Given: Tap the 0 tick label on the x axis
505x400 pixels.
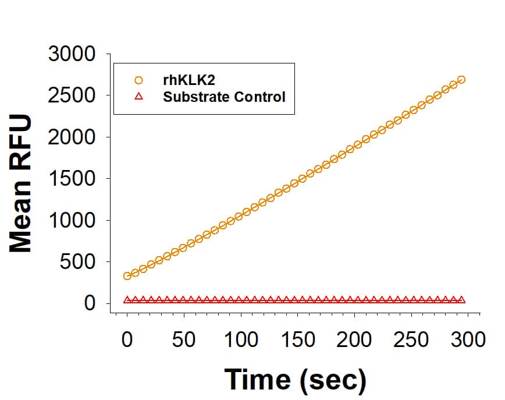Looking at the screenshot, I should [x=127, y=339].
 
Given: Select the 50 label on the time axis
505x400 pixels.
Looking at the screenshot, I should [x=184, y=339].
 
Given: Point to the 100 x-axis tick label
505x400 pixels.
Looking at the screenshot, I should [x=240, y=339].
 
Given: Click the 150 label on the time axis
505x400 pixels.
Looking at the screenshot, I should [x=297, y=339].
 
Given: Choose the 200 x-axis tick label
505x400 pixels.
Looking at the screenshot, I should [x=354, y=339].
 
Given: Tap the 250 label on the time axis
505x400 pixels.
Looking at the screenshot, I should [x=411, y=339].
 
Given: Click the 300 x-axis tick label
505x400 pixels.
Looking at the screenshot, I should [x=467, y=339].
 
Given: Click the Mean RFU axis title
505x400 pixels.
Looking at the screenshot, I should [x=22, y=183].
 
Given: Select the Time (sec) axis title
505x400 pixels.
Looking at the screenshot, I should [x=296, y=379].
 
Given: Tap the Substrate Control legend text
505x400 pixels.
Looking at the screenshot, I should [x=224, y=97].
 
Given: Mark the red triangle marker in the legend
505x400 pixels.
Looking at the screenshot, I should [x=138, y=97].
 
